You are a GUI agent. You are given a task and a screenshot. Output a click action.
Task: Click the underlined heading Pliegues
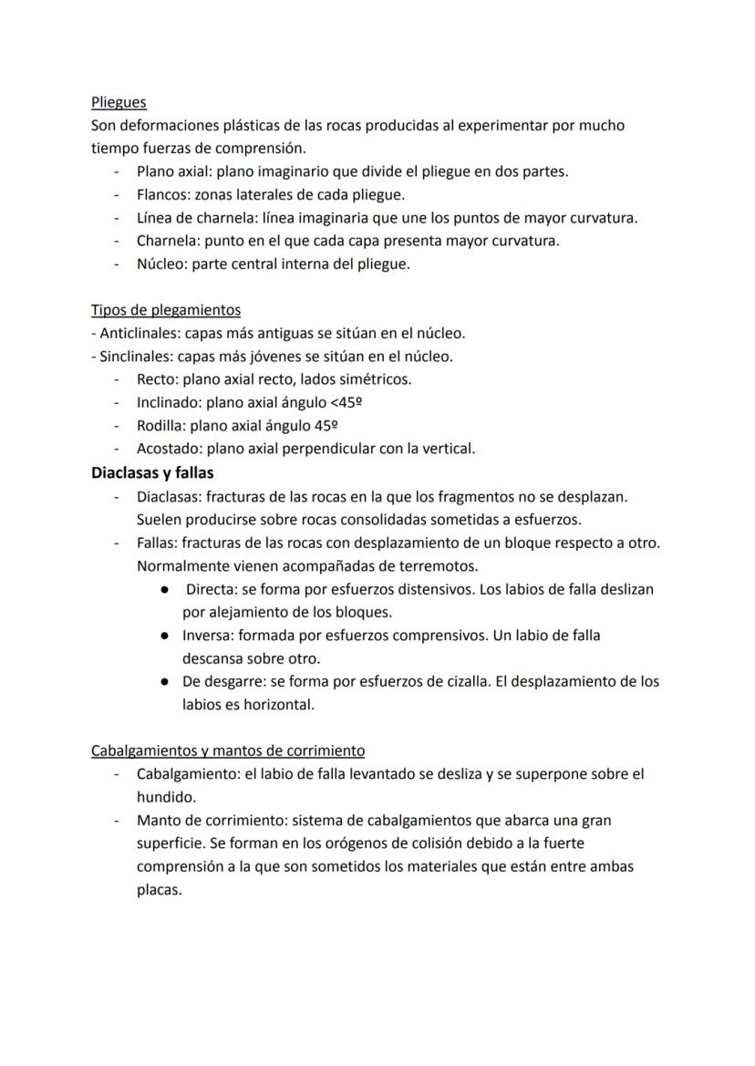[x=119, y=102]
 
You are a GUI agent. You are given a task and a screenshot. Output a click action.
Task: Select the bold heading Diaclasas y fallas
[x=152, y=472]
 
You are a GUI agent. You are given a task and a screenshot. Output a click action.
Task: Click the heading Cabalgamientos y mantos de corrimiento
[x=228, y=750]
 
